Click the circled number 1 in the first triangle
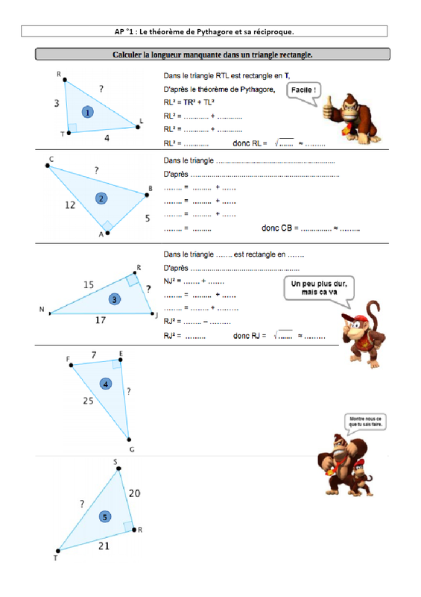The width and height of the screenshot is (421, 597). coord(88,113)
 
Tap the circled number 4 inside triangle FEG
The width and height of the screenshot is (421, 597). coord(106,384)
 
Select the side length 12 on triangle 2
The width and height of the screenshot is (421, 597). coord(70,205)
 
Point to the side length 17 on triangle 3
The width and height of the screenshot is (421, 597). coord(101,320)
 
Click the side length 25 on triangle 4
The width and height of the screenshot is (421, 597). coord(88,401)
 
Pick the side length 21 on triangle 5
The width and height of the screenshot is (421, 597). coord(104,546)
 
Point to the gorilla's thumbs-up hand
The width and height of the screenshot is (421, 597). coord(328,107)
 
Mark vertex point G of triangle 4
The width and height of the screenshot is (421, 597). coord(129,440)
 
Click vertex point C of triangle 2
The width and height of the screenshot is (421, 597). coord(48,166)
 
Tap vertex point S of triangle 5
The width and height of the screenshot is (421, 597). coord(118,469)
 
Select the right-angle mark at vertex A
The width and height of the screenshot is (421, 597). coord(107,226)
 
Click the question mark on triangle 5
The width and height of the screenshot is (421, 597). coord(82,504)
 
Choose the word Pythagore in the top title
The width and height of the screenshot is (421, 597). coord(214,31)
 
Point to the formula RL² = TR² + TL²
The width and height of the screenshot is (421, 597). coord(189,102)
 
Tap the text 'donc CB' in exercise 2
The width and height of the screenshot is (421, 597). coord(277,228)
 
